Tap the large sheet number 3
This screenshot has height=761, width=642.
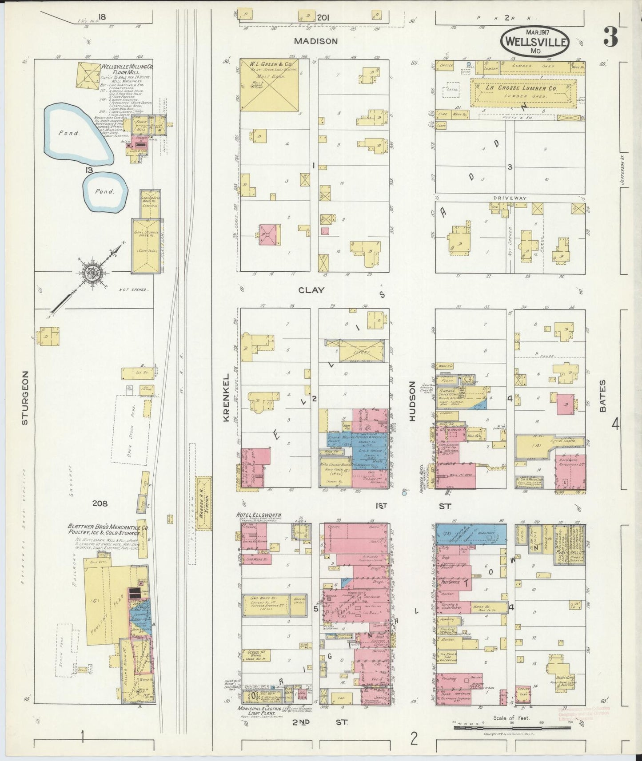(610, 38)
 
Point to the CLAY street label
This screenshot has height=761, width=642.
(311, 290)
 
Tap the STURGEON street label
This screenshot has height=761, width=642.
(25, 398)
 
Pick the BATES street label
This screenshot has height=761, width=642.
(602, 396)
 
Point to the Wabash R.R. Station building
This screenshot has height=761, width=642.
(204, 503)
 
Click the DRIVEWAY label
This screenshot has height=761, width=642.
(510, 198)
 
